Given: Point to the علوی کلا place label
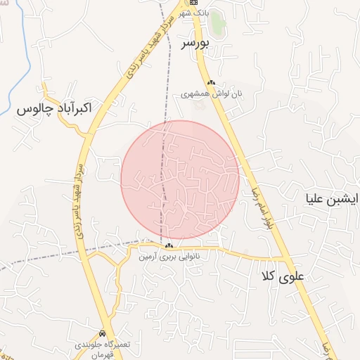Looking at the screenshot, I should pos(283,276).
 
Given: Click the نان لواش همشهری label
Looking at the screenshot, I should pos(210,93).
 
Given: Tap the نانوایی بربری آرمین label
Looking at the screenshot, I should pos(169,257).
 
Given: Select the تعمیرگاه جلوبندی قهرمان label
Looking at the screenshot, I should pos(103,345).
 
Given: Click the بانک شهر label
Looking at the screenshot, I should pos(194,14).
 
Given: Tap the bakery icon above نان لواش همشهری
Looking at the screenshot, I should pos(211,82).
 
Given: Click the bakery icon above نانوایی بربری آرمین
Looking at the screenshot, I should pos(169,245).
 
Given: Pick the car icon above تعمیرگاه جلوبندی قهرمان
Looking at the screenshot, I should pos(103,333).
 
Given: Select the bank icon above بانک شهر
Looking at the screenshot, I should pos(194,3).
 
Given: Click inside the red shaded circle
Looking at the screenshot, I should pos(180,180).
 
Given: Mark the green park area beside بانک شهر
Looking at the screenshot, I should pos(218,23).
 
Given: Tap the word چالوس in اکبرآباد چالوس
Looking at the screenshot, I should pos(32,110).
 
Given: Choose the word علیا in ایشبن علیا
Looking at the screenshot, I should pos(316,198).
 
